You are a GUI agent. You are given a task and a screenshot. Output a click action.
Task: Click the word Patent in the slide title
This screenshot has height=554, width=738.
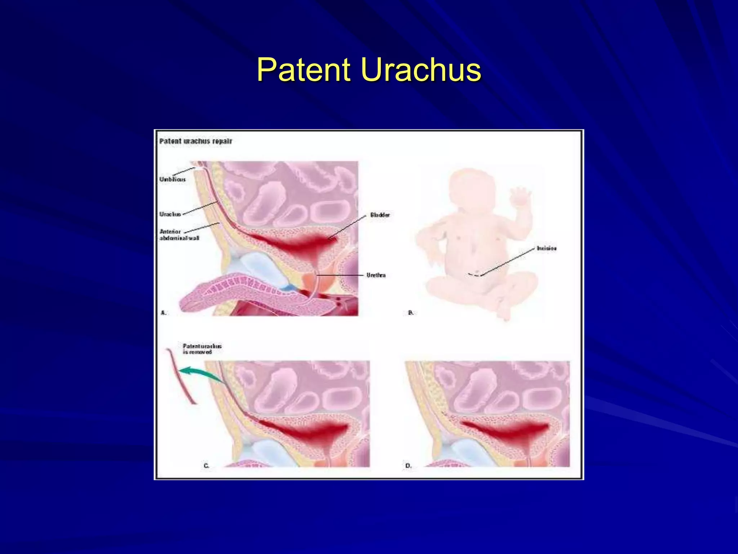click(303, 70)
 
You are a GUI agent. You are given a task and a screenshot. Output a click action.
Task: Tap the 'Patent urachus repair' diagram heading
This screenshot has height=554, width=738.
click(196, 141)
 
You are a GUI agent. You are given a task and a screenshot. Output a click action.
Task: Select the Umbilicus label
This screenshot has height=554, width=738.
click(173, 179)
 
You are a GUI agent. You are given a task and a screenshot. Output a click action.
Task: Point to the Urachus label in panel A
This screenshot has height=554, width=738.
click(170, 214)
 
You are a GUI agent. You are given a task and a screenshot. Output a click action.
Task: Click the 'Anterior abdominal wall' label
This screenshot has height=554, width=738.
click(179, 235)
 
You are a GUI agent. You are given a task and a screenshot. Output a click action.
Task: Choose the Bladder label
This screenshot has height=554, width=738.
click(380, 215)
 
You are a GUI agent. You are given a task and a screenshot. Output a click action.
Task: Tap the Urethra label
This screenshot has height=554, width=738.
click(376, 275)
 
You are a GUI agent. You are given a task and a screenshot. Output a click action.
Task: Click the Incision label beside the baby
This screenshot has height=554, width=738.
click(546, 248)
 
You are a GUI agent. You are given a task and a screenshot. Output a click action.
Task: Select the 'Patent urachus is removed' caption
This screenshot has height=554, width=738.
click(202, 349)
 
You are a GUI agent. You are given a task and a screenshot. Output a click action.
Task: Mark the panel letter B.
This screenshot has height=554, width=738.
click(410, 313)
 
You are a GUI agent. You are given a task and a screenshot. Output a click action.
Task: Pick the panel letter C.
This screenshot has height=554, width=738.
click(206, 466)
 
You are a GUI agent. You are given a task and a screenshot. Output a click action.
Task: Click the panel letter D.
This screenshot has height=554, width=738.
click(408, 466)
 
